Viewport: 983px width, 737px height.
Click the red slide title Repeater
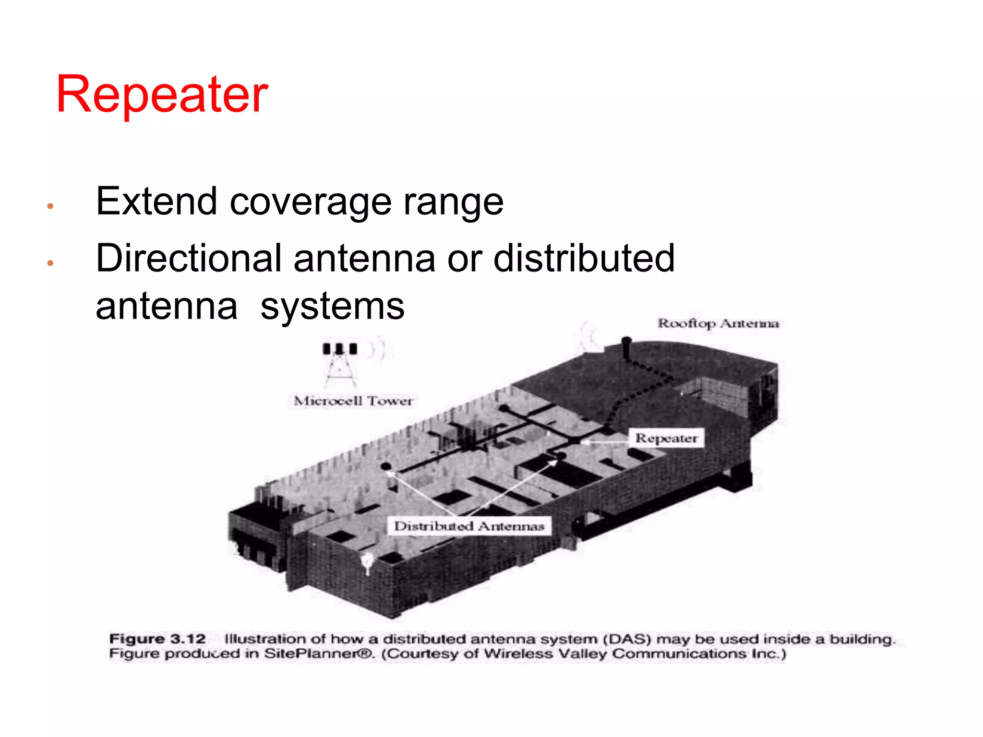[162, 95]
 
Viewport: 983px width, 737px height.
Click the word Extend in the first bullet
[156, 202]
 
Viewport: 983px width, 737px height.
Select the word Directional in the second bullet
[188, 258]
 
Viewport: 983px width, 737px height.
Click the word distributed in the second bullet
[584, 258]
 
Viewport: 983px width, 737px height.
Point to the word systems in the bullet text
[332, 307]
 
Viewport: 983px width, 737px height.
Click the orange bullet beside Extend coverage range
[50, 207]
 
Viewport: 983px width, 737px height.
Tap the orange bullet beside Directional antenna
[50, 263]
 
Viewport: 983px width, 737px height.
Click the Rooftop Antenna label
[718, 323]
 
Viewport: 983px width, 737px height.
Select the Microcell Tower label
[353, 401]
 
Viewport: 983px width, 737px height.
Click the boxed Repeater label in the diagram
[666, 438]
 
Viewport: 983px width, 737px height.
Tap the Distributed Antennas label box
[469, 526]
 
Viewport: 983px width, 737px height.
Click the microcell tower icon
[340, 365]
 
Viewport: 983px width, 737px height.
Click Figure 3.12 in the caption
[157, 639]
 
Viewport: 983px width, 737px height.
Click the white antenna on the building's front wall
[367, 562]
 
